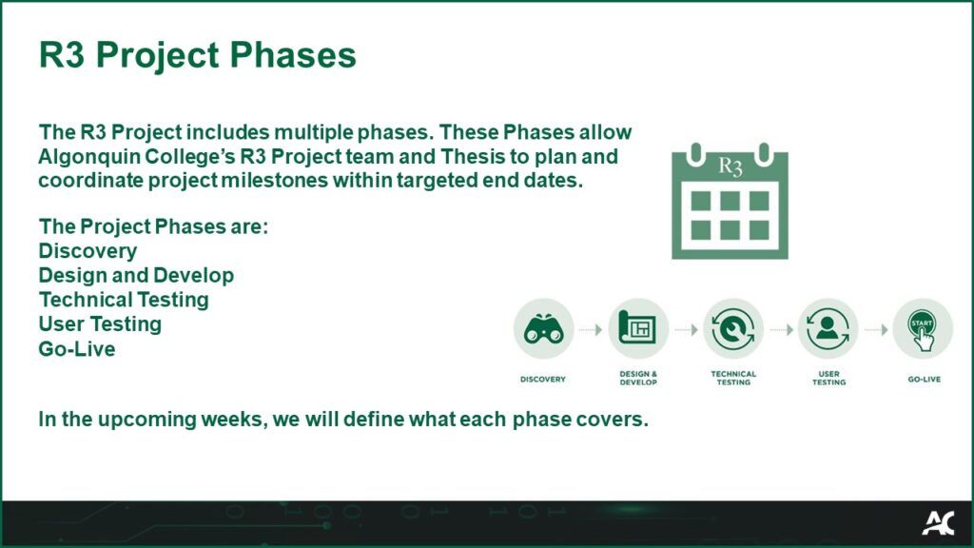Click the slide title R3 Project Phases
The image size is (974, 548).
[197, 55]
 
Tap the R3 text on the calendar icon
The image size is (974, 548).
[730, 167]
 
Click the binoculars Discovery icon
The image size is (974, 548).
[543, 328]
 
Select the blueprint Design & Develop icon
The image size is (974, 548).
[638, 328]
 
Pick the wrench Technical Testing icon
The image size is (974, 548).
[733, 328]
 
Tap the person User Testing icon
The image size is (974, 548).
[828, 328]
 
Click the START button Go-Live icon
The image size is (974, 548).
[923, 328]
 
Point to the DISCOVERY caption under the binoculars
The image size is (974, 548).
[543, 379]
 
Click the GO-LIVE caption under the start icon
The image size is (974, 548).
[923, 379]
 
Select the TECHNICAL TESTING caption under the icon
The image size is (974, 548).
[733, 378]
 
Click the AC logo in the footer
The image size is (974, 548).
[937, 522]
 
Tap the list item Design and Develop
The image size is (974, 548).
[136, 275]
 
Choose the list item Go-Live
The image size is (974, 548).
[76, 349]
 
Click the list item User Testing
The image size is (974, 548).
[100, 324]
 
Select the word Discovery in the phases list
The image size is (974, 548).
[88, 251]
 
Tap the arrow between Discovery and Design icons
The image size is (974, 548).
[591, 329]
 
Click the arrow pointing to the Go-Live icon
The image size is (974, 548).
[875, 329]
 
